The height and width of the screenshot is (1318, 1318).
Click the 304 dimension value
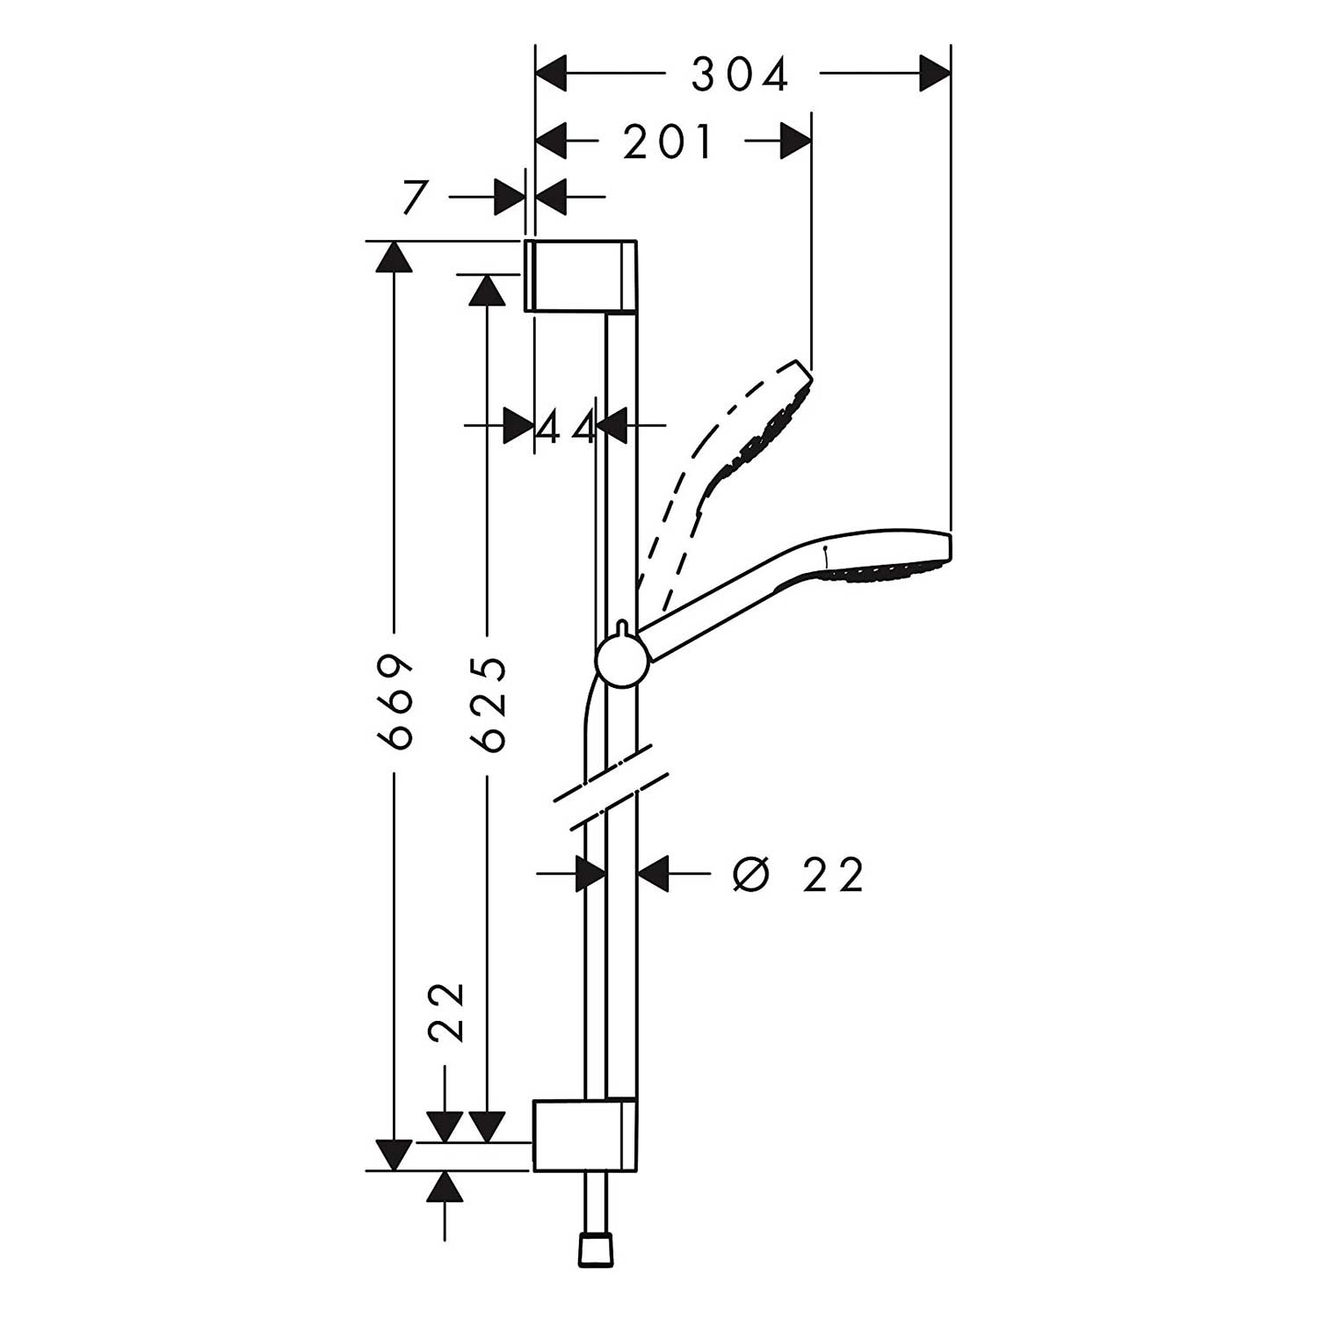pos(740,75)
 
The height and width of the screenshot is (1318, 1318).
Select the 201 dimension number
pos(668,142)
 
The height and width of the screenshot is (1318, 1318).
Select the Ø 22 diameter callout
pos(798,874)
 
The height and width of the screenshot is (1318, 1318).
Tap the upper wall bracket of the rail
pos(580,274)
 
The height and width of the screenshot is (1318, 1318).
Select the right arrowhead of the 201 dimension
pos(795,141)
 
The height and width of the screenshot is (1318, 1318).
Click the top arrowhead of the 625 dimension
pos(486,288)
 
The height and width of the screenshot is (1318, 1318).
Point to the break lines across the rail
pos(611,787)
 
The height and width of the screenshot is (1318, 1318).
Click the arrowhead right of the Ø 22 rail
pos(654,874)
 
